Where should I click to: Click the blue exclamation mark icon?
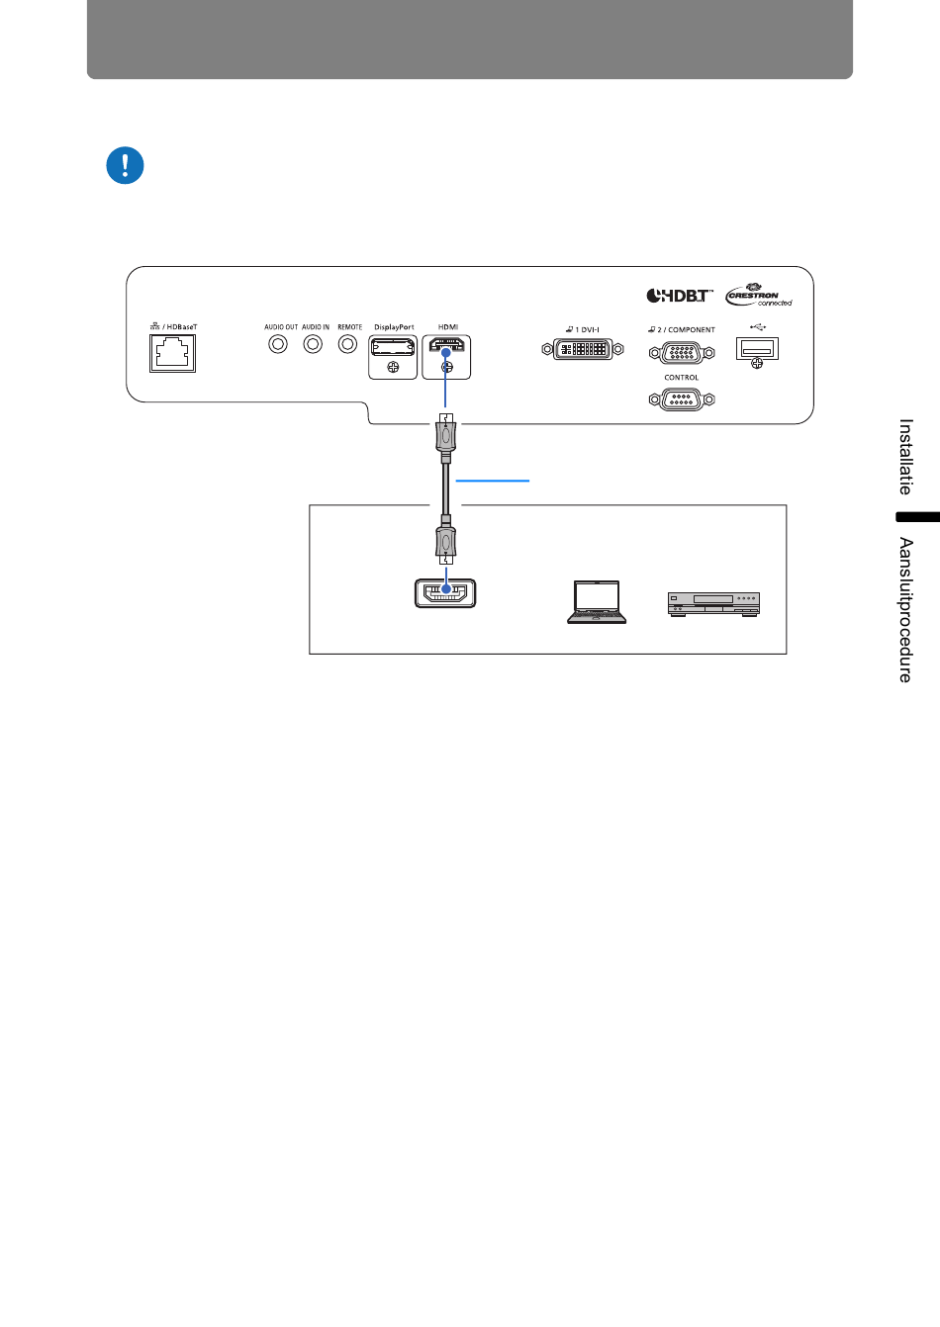[125, 165]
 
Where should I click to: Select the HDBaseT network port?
[172, 354]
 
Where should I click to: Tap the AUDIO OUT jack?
[278, 344]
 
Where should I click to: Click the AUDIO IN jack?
[313, 344]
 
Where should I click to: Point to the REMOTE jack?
[348, 344]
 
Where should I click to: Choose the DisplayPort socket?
[393, 346]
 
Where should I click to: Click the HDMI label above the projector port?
[448, 327]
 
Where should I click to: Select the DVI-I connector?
[583, 349]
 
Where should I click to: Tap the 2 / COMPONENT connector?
[682, 353]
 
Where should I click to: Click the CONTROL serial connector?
[682, 399]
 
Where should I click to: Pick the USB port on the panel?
[758, 349]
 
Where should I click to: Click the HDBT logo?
[679, 296]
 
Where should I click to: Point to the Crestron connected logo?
[759, 295]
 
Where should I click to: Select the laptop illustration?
[597, 602]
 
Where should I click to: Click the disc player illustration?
[713, 604]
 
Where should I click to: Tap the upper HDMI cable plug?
[445, 438]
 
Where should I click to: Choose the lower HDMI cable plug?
[445, 540]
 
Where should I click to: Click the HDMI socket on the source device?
[445, 593]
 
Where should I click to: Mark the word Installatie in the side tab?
[906, 457]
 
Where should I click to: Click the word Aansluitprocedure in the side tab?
[906, 610]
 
